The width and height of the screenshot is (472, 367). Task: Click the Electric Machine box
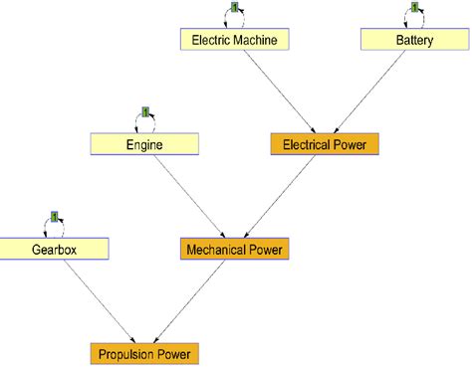(x=235, y=40)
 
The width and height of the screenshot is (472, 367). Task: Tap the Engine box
(x=144, y=144)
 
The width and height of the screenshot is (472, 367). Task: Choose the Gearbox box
(x=54, y=249)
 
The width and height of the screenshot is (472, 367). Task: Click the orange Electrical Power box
(x=324, y=144)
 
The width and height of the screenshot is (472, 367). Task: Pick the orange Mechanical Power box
(x=235, y=249)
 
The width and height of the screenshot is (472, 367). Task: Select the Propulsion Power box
(x=144, y=353)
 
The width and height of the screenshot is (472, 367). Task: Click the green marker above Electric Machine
(x=235, y=8)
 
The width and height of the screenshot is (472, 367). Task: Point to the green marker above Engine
(x=144, y=112)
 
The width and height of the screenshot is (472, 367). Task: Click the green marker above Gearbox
(x=54, y=217)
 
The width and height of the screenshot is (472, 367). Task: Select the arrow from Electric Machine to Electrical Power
(x=279, y=92)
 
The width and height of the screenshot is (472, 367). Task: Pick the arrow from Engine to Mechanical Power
(x=189, y=196)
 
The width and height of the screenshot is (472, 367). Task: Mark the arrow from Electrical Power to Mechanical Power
(x=280, y=196)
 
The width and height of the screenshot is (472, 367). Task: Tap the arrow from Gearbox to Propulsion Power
(x=99, y=300)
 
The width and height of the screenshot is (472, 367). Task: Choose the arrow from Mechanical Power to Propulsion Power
(x=190, y=300)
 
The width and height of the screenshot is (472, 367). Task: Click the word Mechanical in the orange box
(x=217, y=249)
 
